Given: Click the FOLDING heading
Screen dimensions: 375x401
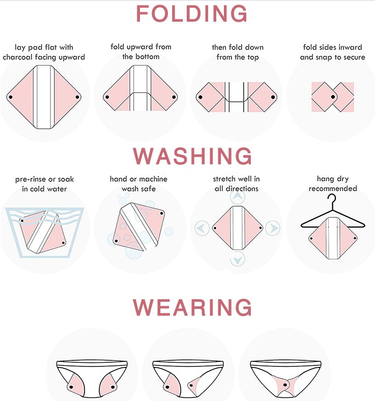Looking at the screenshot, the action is tap(192, 14).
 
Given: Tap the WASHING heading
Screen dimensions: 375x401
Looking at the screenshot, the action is tap(192, 156).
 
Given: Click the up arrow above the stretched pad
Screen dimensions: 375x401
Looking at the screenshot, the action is tap(238, 196).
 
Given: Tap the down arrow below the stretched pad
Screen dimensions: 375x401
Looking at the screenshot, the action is tap(238, 260).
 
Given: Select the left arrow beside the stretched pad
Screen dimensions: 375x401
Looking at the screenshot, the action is tap(202, 228).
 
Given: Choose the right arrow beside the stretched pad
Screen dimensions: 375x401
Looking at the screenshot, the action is tap(273, 228).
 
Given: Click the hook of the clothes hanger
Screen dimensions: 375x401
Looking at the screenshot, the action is tap(332, 200).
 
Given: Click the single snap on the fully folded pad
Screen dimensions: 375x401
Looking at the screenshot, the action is tap(333, 97).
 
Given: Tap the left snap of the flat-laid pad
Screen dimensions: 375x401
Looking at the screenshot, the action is tap(11, 97).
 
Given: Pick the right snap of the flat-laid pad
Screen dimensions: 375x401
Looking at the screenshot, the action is tap(77, 97).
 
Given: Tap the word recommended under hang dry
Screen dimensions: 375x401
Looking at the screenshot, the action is tap(333, 188).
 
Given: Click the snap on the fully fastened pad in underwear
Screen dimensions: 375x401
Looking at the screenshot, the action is tap(285, 385).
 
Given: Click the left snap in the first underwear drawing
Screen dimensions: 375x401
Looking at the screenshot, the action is tap(71, 387).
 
